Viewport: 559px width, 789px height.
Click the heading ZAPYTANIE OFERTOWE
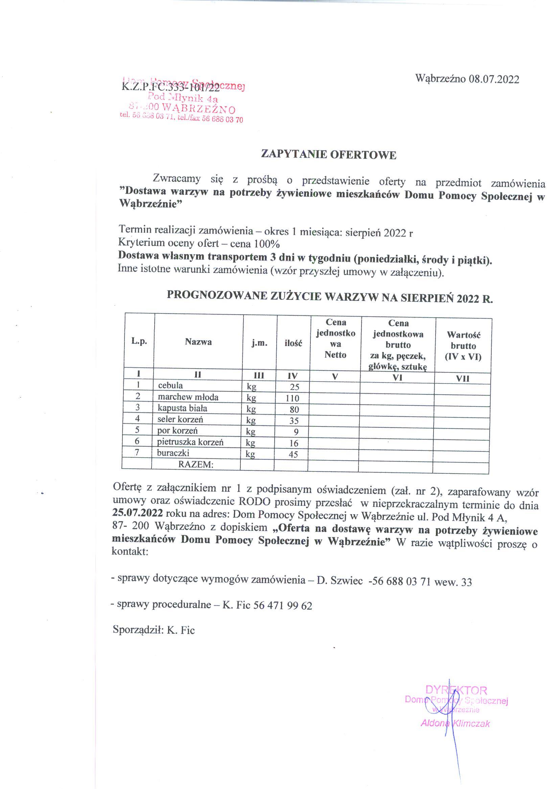[x=329, y=155]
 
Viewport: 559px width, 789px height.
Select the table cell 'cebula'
[x=170, y=386]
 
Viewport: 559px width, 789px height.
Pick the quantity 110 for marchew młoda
[x=293, y=398]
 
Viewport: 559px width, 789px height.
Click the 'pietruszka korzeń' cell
[x=190, y=442]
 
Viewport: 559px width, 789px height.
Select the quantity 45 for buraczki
[x=293, y=455]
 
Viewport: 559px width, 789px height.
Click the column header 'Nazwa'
[x=198, y=342]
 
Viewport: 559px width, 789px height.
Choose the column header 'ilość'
[x=293, y=343]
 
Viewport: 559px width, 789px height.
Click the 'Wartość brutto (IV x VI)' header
[x=463, y=345]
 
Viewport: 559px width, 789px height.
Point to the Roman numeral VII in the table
[x=463, y=379]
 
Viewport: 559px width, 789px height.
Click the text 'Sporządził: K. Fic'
[x=154, y=630]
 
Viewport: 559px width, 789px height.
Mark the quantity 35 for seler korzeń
[x=293, y=421]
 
